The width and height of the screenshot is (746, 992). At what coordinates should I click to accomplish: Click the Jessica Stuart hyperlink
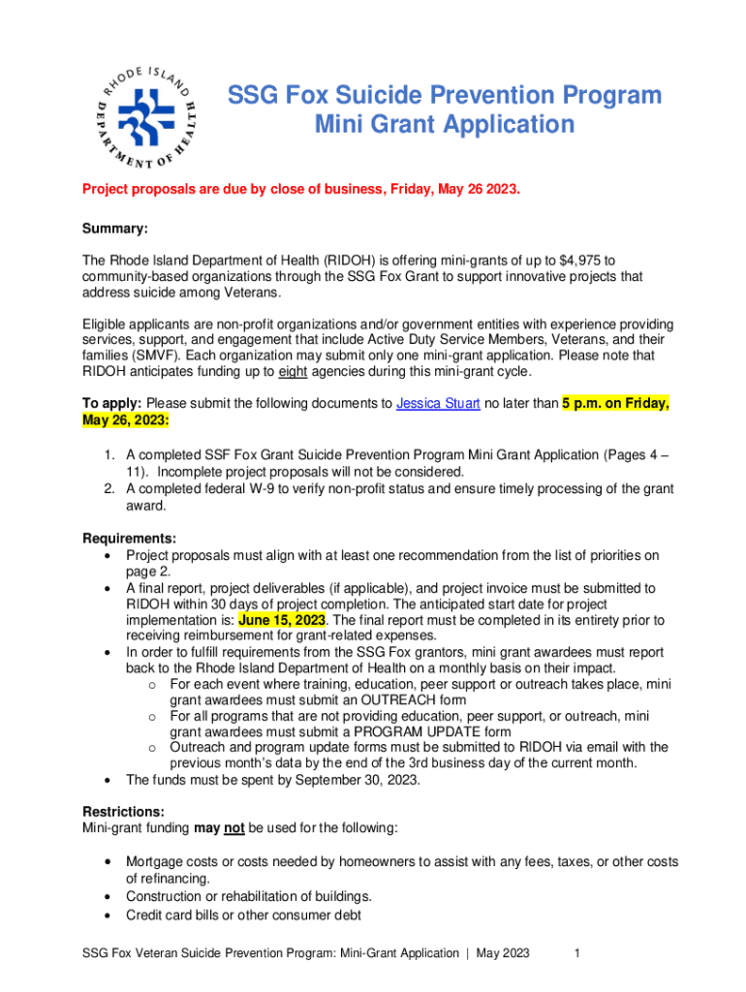[x=438, y=405]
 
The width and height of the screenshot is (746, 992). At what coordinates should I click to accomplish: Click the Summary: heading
[x=115, y=229]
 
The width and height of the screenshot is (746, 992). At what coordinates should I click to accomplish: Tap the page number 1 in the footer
[x=576, y=953]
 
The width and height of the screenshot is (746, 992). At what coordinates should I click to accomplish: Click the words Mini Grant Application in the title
[x=445, y=125]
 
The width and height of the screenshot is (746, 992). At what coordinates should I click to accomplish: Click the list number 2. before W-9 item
[x=110, y=488]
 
